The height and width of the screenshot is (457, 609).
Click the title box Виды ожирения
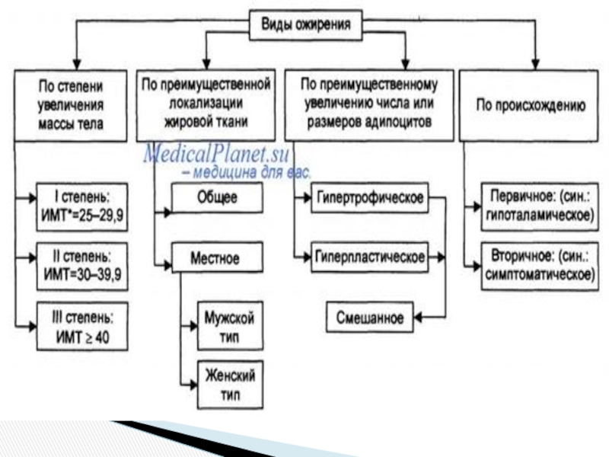pos(307,25)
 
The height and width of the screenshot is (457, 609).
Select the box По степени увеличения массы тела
pos(71,104)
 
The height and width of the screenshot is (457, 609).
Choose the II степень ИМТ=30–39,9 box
pos(82,261)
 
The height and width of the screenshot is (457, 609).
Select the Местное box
pos(217,258)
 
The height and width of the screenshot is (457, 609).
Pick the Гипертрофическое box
pos(368,199)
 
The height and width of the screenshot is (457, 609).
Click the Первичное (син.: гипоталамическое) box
pos(539,207)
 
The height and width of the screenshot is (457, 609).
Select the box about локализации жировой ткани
pos(206,104)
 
